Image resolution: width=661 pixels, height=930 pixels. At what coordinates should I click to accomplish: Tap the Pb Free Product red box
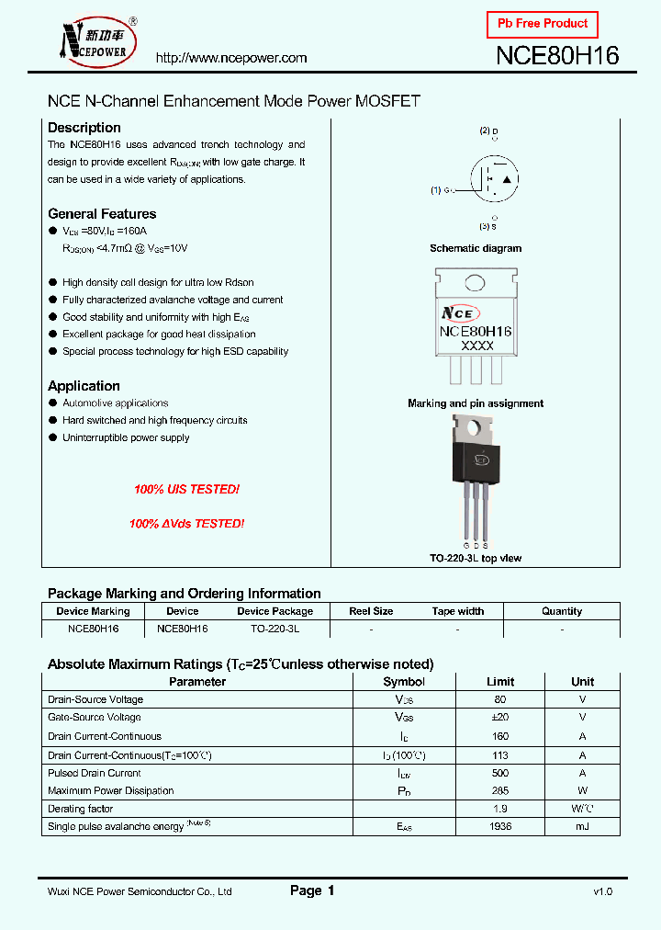click(x=542, y=24)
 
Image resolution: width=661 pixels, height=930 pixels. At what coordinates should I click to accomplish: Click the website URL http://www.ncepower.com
click(x=231, y=58)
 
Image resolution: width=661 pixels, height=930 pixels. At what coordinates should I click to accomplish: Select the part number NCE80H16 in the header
click(x=557, y=56)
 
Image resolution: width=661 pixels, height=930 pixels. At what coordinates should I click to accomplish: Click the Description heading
click(x=84, y=128)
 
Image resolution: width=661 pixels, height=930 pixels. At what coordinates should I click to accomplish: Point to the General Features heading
click(x=102, y=214)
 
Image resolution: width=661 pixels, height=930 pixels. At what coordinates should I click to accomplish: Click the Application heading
click(x=84, y=386)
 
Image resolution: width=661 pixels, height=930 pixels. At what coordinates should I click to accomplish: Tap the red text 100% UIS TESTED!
click(x=186, y=490)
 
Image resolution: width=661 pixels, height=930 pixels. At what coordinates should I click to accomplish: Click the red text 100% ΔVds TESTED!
click(x=186, y=524)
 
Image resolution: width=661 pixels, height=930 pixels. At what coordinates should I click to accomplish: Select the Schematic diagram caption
click(x=476, y=248)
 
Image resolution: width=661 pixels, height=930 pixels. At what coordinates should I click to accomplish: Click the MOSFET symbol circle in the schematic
click(x=496, y=177)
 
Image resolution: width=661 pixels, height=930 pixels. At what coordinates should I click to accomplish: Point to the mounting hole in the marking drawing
click(x=475, y=283)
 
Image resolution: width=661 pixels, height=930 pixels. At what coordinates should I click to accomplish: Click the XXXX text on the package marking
click(x=476, y=346)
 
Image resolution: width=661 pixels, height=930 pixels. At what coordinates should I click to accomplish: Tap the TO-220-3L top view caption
click(x=476, y=558)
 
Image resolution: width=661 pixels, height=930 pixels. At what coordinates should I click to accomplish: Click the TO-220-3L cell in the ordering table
click(x=274, y=629)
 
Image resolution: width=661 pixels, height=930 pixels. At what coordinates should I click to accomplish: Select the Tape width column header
click(x=457, y=611)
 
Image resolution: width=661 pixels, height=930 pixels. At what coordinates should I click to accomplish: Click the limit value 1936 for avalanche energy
click(x=500, y=827)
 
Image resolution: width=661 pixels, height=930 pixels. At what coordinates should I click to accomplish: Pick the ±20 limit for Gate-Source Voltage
click(x=500, y=718)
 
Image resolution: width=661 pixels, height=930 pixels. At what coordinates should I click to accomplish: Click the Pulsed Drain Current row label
click(x=95, y=773)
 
